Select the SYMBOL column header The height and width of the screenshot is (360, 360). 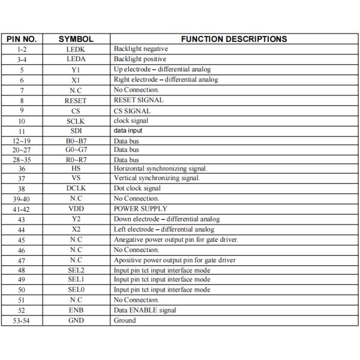pyautogui.click(x=76, y=39)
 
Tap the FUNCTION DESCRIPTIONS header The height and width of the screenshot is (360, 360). pyautogui.click(x=233, y=39)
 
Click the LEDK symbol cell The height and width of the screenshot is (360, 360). pyautogui.click(x=76, y=49)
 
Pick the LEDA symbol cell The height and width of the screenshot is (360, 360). pyautogui.click(x=76, y=59)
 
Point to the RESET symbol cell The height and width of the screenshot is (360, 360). pyautogui.click(x=76, y=100)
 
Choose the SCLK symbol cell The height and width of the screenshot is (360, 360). pyautogui.click(x=76, y=121)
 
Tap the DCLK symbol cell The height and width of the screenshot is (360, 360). pyautogui.click(x=76, y=188)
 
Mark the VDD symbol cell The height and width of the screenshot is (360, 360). pyautogui.click(x=76, y=208)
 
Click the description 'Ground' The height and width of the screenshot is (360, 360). pyautogui.click(x=125, y=320)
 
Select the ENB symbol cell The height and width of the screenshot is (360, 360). pyautogui.click(x=76, y=310)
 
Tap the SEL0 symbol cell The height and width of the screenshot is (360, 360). pyautogui.click(x=76, y=290)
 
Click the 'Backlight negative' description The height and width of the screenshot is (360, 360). pyautogui.click(x=141, y=49)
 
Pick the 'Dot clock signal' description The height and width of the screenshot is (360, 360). pyautogui.click(x=137, y=188)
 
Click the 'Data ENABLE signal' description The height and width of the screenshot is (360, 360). pyautogui.click(x=145, y=310)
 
